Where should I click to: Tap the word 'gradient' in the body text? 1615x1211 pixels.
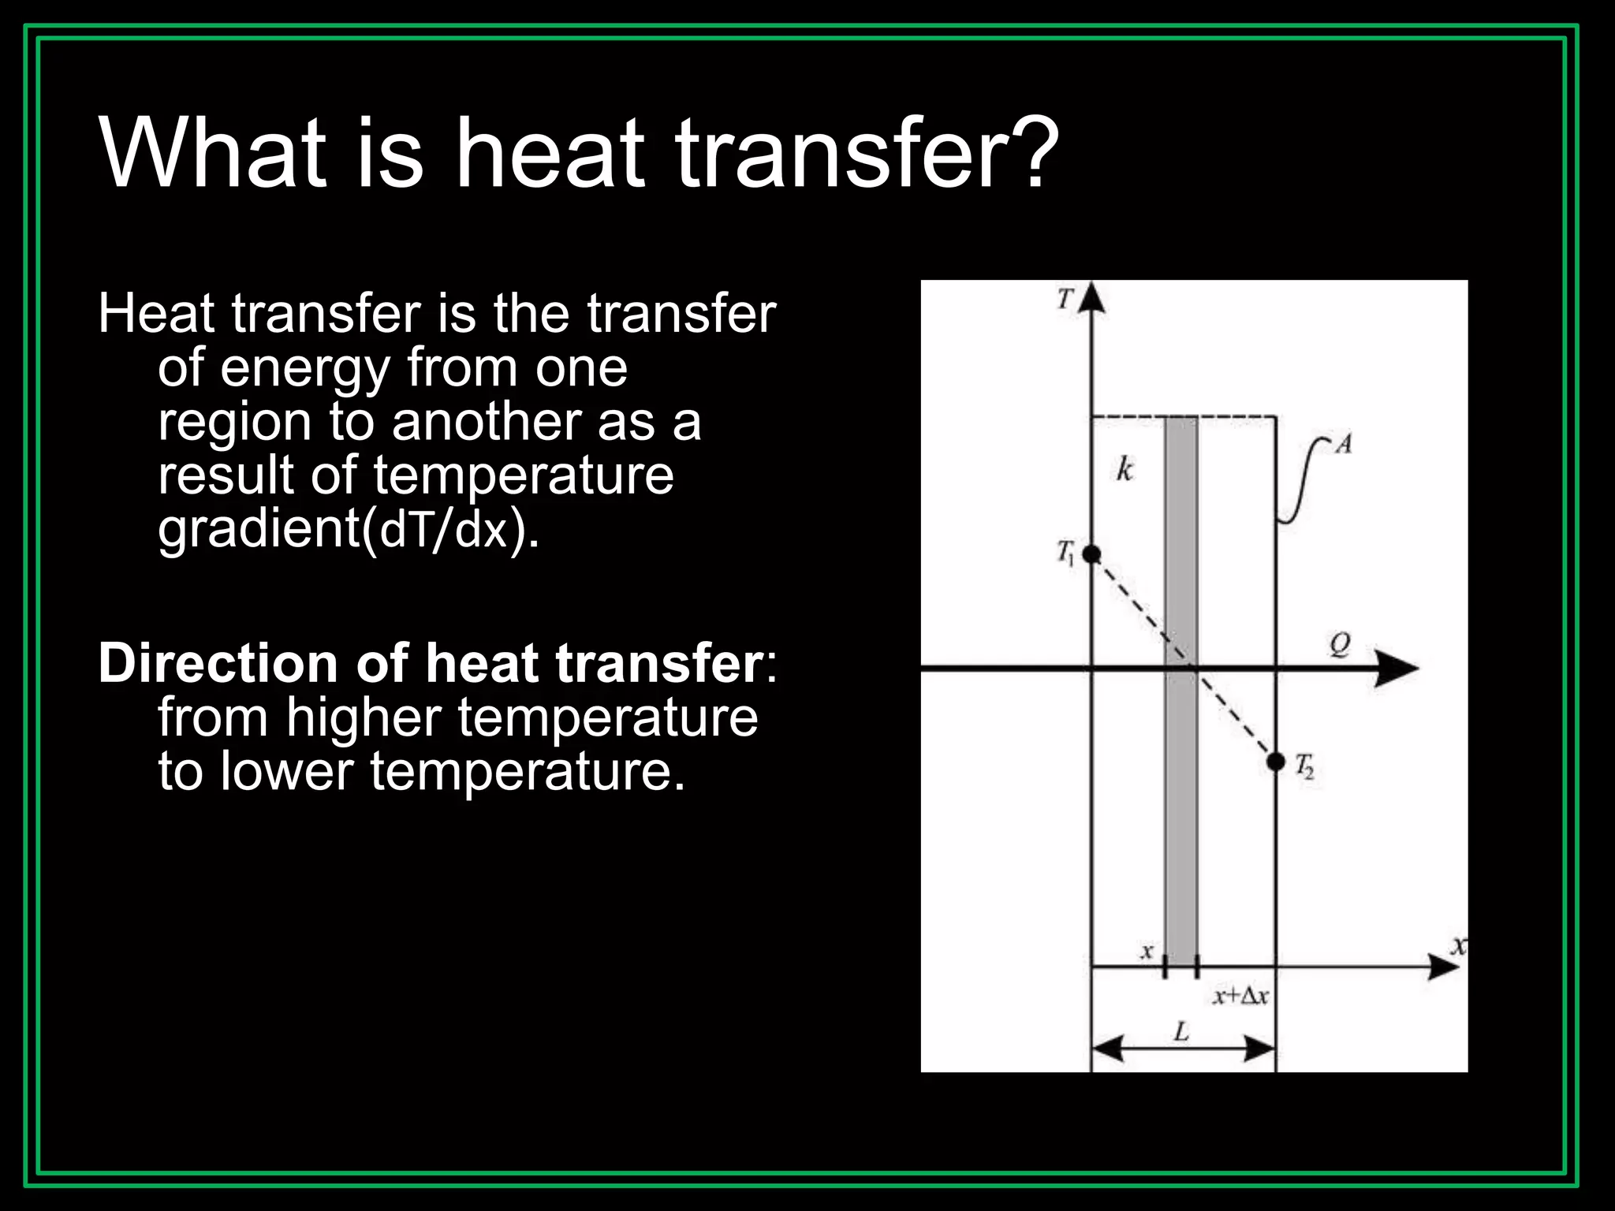(x=259, y=530)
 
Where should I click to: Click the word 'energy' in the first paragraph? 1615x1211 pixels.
(x=305, y=369)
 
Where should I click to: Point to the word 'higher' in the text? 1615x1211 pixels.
(x=364, y=719)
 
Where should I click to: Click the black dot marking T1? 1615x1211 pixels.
(x=1091, y=554)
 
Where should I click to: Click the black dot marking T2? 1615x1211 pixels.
(x=1276, y=762)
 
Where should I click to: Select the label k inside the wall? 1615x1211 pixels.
(x=1125, y=469)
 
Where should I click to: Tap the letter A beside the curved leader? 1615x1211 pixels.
(x=1344, y=445)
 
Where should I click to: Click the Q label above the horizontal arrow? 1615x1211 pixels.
(x=1340, y=645)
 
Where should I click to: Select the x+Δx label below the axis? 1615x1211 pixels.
(x=1240, y=997)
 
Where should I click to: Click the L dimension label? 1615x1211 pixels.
(x=1181, y=1030)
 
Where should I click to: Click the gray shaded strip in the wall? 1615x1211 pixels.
(x=1180, y=788)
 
